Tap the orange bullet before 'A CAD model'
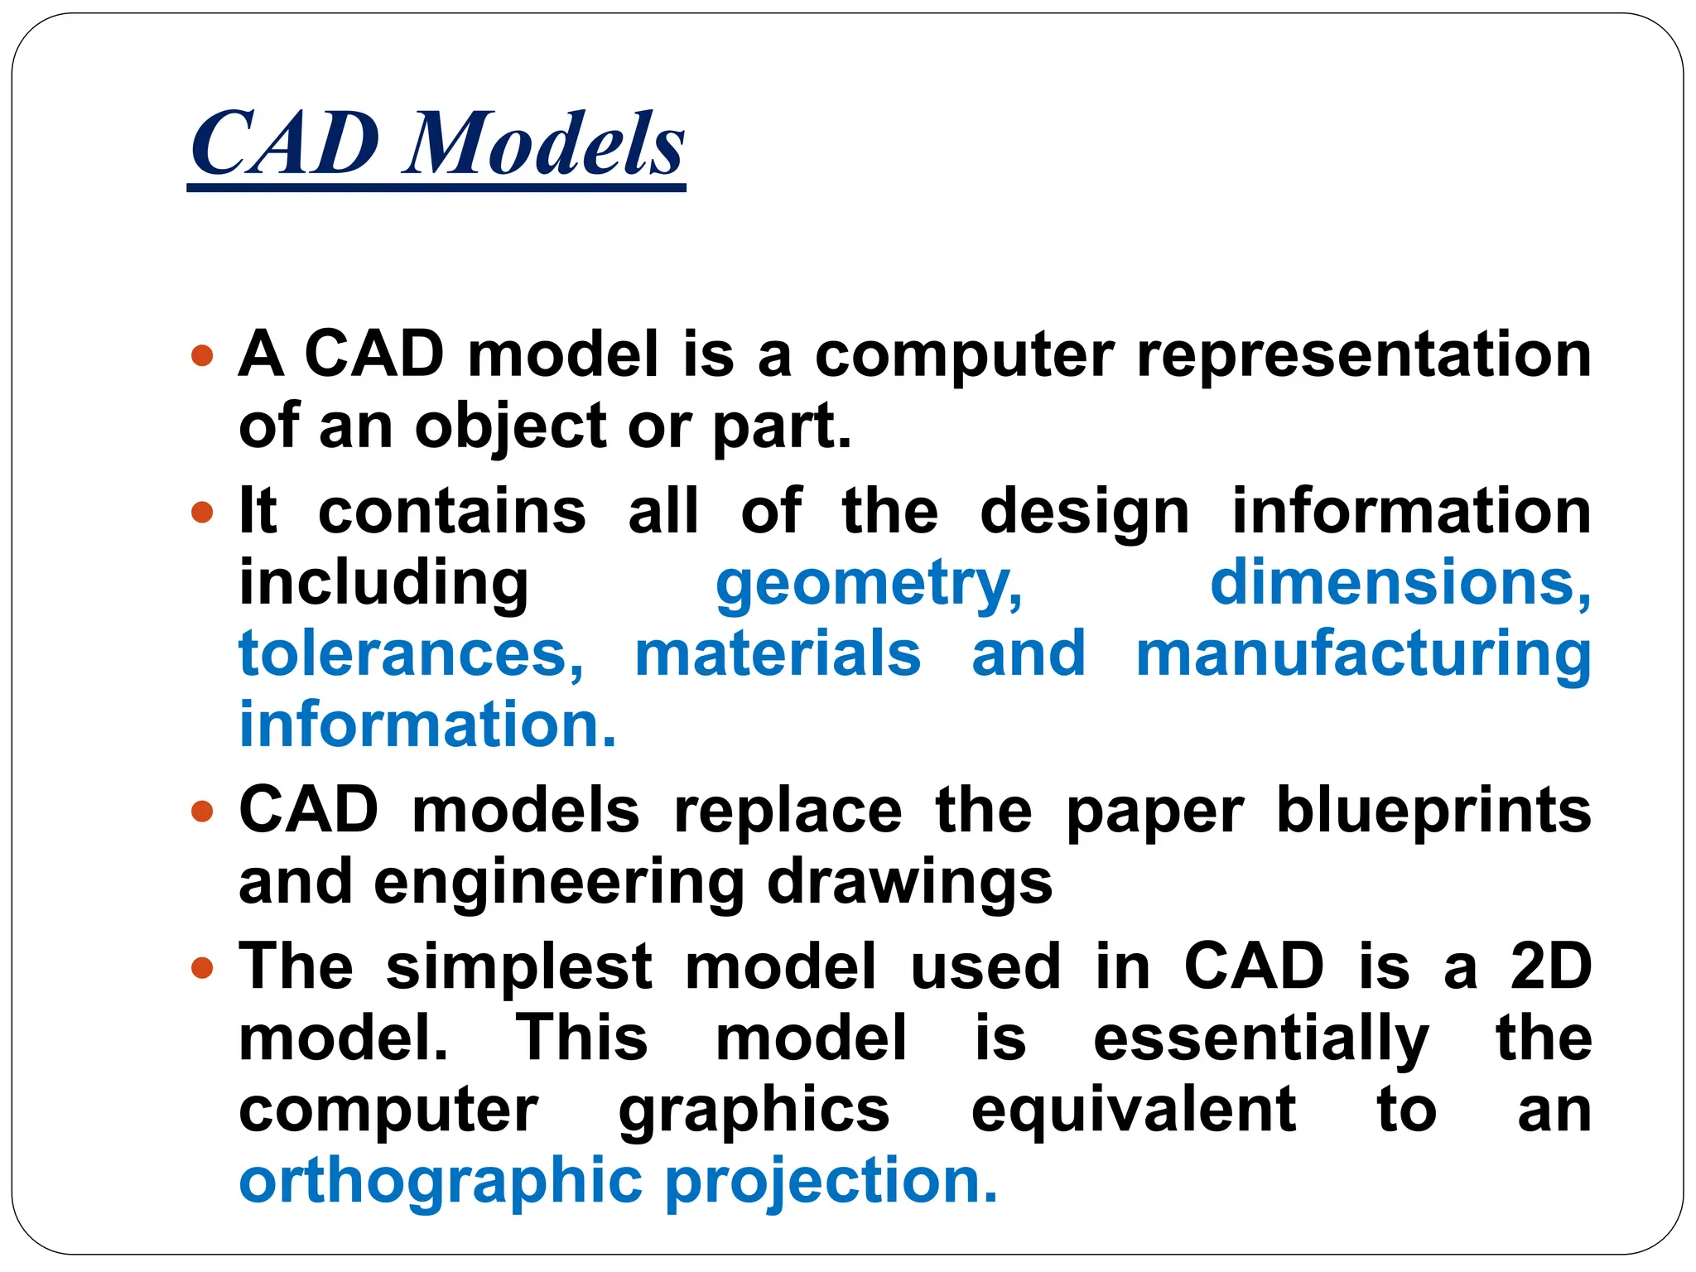(x=202, y=357)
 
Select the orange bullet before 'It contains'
(x=202, y=513)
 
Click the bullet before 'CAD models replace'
(x=202, y=811)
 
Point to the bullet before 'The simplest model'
(x=202, y=967)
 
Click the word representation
(x=1363, y=354)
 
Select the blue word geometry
(x=869, y=585)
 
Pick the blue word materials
(x=778, y=654)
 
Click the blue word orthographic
(x=441, y=1183)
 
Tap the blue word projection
(x=831, y=1183)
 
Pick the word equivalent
(x=1133, y=1110)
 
